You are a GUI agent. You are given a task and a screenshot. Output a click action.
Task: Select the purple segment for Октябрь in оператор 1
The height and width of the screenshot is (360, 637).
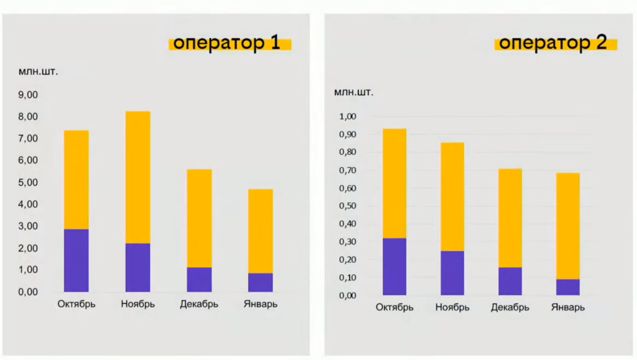point(76,261)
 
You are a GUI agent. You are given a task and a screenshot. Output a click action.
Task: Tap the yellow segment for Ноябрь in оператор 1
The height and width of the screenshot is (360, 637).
point(138,177)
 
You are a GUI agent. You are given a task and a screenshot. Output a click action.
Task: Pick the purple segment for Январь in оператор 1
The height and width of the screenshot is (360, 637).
point(261,282)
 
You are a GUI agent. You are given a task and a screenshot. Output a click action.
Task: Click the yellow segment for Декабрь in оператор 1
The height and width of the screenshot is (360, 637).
point(199,218)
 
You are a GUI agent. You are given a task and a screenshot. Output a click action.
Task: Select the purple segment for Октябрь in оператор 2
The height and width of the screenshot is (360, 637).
point(395,266)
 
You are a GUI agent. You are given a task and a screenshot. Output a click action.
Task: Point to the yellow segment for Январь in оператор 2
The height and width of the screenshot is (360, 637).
point(568,226)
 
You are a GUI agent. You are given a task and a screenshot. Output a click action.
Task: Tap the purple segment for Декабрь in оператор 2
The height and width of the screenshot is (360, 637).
point(510,281)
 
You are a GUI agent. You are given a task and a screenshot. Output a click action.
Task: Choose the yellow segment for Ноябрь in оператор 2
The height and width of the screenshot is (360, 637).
point(452,196)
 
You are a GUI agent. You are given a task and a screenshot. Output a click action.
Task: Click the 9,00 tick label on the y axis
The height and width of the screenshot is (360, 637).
point(28,95)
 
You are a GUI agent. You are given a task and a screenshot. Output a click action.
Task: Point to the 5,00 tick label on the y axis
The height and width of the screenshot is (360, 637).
point(28,183)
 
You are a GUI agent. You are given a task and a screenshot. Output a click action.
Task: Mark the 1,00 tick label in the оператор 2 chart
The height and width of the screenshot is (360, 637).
point(347,117)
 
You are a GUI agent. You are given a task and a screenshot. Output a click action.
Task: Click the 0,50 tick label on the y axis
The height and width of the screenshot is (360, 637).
point(347,206)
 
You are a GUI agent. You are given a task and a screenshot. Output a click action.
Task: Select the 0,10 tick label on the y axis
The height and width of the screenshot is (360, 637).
point(347,278)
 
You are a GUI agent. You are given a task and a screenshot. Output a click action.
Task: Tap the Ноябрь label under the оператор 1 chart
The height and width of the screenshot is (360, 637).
point(138,304)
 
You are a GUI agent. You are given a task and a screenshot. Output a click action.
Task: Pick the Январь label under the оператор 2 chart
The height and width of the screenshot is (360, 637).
point(568,308)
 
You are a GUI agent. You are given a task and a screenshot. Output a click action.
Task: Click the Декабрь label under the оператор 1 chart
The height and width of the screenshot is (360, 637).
point(199,304)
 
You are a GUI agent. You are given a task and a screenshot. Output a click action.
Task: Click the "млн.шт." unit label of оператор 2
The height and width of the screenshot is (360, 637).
point(354,93)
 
